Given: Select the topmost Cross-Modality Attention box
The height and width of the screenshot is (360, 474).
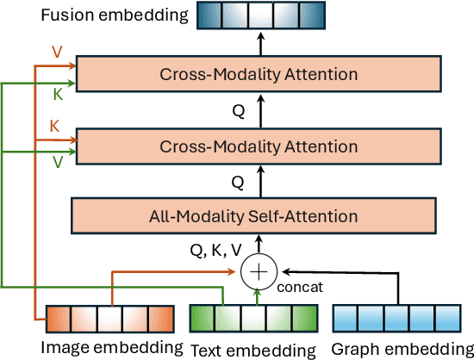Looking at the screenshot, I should point(259,74).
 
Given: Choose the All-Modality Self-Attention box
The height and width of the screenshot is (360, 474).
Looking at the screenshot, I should point(259,215).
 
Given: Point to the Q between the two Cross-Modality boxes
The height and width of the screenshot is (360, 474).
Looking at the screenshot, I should point(238,111).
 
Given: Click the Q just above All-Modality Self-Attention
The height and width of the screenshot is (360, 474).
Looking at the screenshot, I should point(238,182).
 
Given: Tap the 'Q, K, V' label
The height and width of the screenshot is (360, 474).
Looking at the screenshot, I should point(215,251).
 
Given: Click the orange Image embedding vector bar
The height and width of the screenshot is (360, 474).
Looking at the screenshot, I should point(109,320).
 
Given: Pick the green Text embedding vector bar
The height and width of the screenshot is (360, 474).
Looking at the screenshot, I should point(242,320).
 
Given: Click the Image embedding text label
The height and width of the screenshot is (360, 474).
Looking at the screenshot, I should point(113,347).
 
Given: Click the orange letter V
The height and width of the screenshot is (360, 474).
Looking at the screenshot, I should point(57,52).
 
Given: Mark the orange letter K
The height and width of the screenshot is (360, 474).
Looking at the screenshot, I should point(55,125).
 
